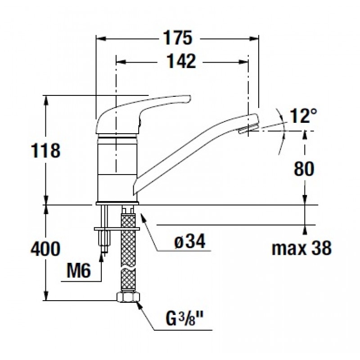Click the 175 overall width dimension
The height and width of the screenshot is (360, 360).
tap(177, 38)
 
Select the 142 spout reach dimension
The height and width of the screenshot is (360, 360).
tap(181, 61)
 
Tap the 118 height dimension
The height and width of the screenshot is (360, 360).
tap(45, 151)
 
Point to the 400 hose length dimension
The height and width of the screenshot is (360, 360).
tap(45, 249)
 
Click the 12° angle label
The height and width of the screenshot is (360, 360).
tap(303, 116)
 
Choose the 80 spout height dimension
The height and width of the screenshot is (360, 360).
tap(304, 169)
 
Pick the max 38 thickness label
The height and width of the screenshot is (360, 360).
tap(301, 248)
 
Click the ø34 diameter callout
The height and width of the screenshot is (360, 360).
tap(189, 242)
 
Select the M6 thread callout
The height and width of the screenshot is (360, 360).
tap(78, 270)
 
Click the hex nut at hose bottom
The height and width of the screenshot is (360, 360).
tap(128, 297)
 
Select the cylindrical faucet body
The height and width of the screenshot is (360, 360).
tap(117, 168)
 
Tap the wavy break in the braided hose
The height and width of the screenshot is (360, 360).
tap(128, 269)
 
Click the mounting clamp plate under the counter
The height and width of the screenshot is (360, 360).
tap(117, 229)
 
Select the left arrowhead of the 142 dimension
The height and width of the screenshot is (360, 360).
tap(121, 62)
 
